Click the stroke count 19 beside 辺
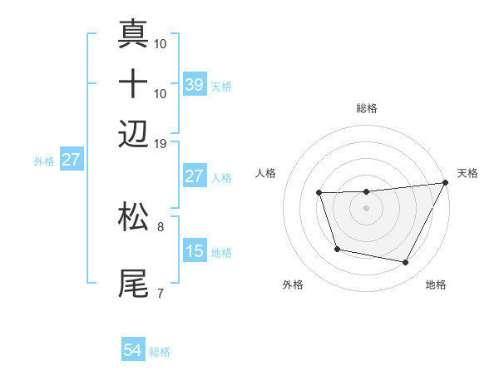coord(161,143)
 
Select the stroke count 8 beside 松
coord(161,225)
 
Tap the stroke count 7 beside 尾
coord(161,293)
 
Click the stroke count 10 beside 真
coord(161,43)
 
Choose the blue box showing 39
coord(194,84)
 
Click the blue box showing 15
coord(194,251)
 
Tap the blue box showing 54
coord(133,350)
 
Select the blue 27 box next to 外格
coord(71,160)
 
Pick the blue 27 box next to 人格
coord(194,176)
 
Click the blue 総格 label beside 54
coord(160,352)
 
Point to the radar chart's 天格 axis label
coord(467,173)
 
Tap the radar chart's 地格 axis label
coord(436,285)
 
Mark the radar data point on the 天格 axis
coord(446,183)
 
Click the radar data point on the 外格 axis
coord(337,249)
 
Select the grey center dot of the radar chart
coord(366,208)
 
